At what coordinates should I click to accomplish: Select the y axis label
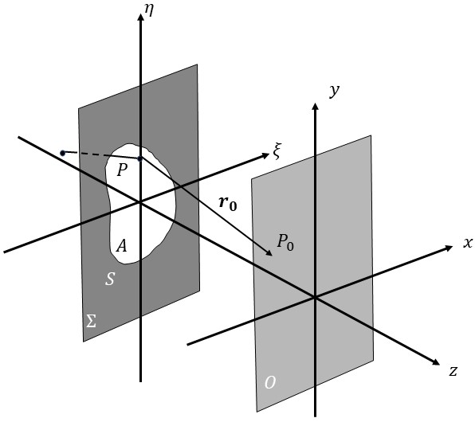click(335, 90)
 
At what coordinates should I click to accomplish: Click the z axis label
click(453, 370)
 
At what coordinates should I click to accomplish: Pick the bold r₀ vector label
click(228, 203)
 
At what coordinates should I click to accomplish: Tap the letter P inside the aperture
click(122, 170)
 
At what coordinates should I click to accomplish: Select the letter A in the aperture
click(121, 247)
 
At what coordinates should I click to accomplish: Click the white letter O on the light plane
click(270, 383)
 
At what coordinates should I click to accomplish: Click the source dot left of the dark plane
click(62, 152)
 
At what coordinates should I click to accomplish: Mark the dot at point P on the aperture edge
click(140, 158)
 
